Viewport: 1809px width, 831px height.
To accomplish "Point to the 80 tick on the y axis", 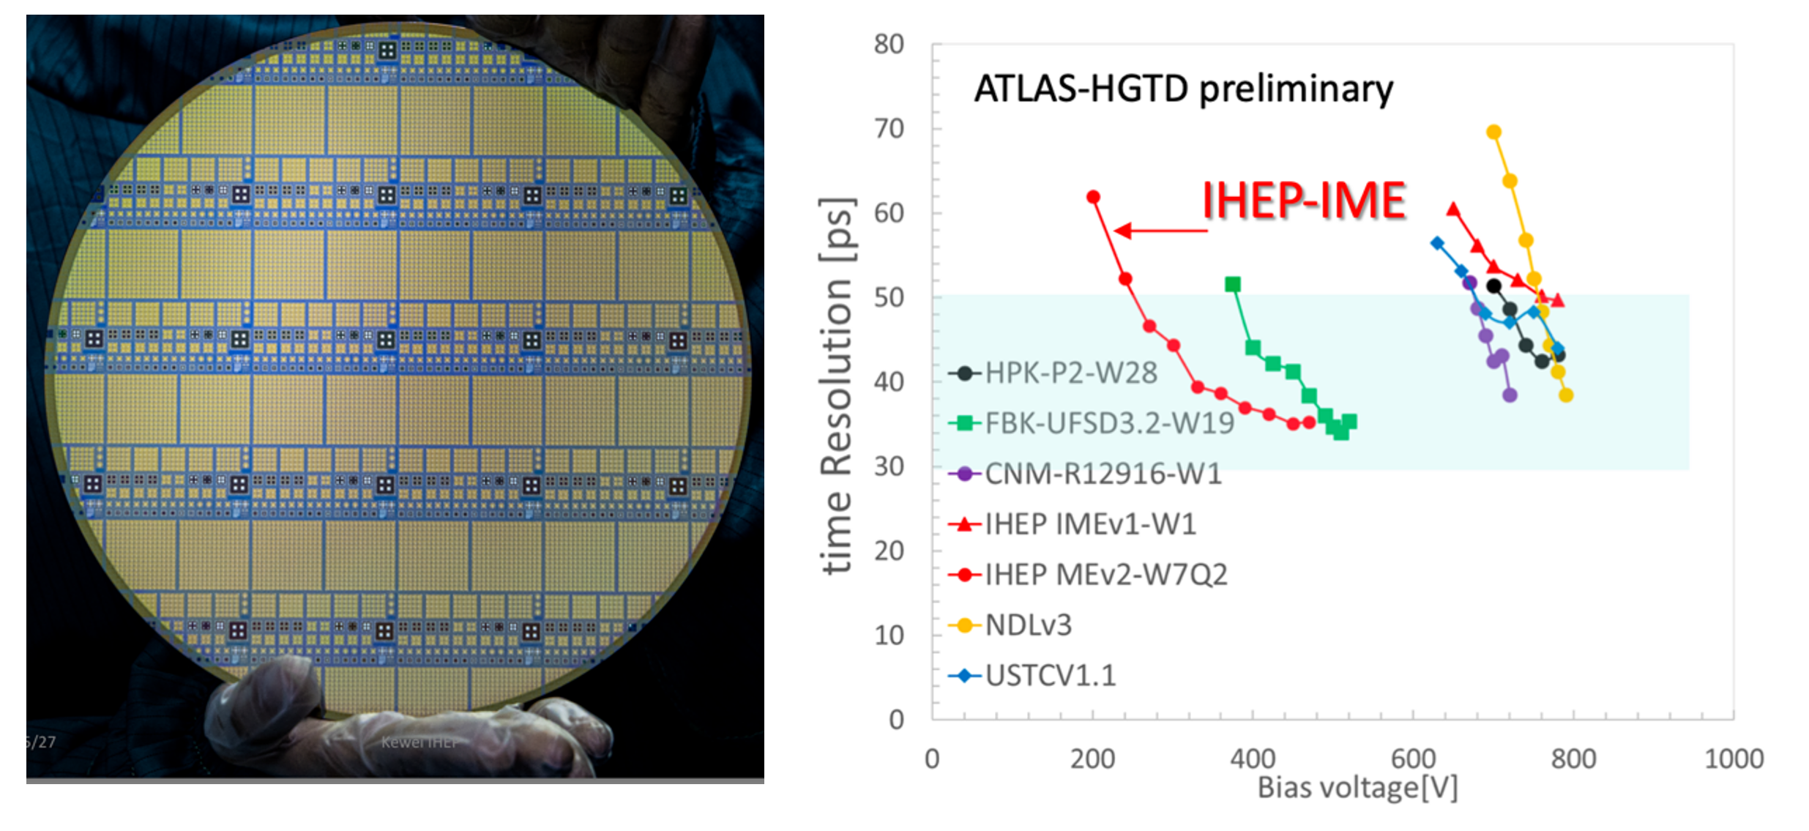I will tap(889, 45).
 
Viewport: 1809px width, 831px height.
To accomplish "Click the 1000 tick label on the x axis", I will tap(1733, 759).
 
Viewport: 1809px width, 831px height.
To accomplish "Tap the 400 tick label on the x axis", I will tap(1253, 759).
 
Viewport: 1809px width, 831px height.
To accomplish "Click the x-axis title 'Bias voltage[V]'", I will tap(1357, 788).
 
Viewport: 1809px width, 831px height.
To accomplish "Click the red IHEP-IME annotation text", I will tap(1303, 201).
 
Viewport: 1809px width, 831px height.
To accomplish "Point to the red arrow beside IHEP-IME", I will tap(1160, 231).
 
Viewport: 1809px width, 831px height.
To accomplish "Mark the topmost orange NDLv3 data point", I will tap(1493, 133).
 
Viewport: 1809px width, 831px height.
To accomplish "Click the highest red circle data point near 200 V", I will tap(1093, 197).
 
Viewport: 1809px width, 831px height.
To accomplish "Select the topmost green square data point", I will tap(1233, 284).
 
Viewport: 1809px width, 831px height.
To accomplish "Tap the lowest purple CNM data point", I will tap(1510, 395).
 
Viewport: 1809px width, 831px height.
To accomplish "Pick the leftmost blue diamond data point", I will tap(1437, 243).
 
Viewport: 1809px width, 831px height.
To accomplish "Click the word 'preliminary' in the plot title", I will tap(1296, 89).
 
